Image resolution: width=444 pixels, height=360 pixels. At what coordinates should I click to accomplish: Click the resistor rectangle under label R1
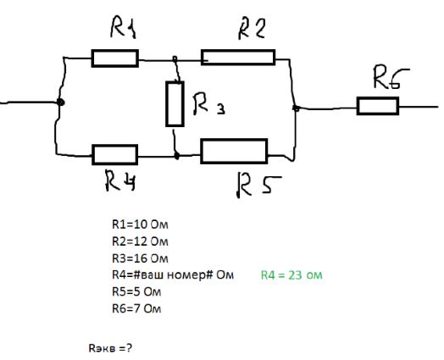click(115, 58)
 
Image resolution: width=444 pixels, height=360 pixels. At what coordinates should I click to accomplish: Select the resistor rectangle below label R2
click(238, 58)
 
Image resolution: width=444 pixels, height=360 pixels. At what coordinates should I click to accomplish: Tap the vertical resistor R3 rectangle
click(175, 104)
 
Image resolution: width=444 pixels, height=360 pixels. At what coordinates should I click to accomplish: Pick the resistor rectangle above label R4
click(115, 154)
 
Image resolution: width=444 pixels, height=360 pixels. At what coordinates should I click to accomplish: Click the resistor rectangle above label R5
click(234, 151)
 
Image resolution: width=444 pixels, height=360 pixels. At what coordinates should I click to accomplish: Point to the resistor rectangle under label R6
click(378, 106)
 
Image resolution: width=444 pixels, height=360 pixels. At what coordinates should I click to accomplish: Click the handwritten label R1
click(123, 27)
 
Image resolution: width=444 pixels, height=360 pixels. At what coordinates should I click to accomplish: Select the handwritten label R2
click(252, 29)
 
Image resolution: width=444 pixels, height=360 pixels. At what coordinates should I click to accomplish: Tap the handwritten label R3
click(209, 105)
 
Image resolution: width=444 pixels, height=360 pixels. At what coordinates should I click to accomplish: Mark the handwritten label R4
click(120, 180)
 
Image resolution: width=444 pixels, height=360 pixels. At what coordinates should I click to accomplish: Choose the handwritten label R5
click(258, 186)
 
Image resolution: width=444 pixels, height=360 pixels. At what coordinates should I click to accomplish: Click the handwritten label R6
click(391, 78)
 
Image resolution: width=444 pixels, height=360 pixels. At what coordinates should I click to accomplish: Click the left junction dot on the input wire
click(60, 102)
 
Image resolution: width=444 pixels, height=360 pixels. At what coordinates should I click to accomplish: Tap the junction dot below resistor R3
click(176, 156)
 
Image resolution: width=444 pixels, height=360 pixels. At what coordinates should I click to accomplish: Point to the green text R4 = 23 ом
click(291, 275)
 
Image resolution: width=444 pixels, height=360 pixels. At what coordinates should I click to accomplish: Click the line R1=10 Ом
click(140, 224)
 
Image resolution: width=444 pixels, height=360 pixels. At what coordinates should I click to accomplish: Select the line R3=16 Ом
click(140, 258)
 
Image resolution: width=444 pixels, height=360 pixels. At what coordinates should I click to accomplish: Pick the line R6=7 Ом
click(136, 308)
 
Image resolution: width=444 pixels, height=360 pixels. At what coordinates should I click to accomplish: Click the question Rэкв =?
click(110, 348)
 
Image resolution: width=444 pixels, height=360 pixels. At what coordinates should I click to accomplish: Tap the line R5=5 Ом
click(136, 291)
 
